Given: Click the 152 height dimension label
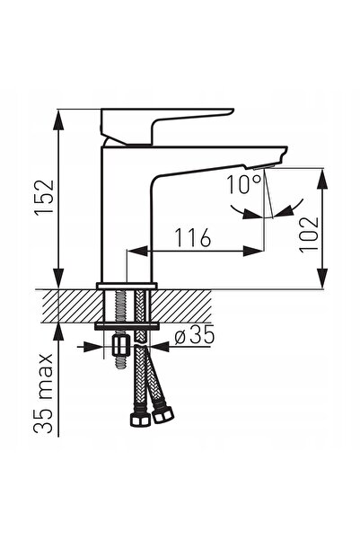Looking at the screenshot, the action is tap(44, 197).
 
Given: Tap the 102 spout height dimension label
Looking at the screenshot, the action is tap(309, 235).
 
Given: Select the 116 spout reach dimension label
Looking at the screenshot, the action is tap(193, 237).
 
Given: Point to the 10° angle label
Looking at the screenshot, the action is tap(243, 184).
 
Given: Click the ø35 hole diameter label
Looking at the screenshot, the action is tap(195, 334).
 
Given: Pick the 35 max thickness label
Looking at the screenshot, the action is tap(44, 393).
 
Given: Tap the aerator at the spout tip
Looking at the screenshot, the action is tap(264, 167).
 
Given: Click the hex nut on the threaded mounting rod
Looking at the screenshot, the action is tap(121, 346).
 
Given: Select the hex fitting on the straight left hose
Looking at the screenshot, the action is tap(140, 419).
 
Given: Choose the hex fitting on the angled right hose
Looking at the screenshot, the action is tap(162, 415).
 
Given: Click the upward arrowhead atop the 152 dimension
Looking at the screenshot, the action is tap(59, 120).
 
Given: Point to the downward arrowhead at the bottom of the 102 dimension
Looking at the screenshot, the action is tap(322, 278).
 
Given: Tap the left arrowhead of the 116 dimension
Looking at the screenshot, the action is tap(138, 251).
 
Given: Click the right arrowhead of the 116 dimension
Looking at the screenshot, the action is tap(254, 251).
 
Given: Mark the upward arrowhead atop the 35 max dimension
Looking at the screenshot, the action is tap(59, 333).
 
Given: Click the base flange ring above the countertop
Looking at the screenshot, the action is tap(127, 286).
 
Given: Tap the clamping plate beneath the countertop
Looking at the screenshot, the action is tap(127, 326).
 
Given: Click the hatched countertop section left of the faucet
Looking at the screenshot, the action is tap(72, 305).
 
